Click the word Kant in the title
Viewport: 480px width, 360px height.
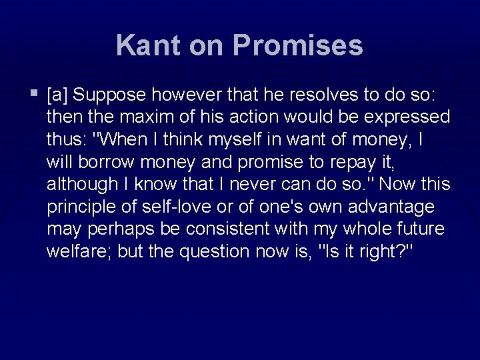pyautogui.click(x=147, y=45)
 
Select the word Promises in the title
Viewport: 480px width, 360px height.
pyautogui.click(x=297, y=45)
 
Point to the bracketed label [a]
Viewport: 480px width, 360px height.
pyautogui.click(x=57, y=95)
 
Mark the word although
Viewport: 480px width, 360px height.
pyautogui.click(x=79, y=184)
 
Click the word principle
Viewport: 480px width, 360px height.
pyautogui.click(x=79, y=207)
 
